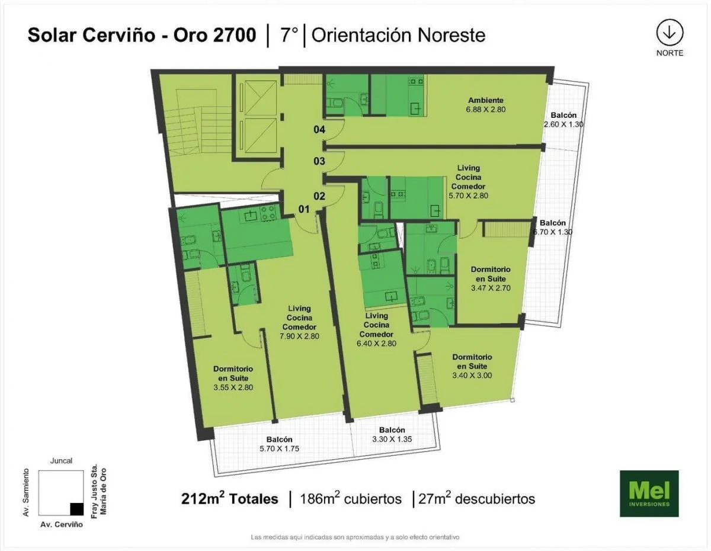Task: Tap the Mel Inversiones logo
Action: (x=649, y=494)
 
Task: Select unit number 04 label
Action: (x=319, y=130)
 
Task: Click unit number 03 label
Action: (x=319, y=161)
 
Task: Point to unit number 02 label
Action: (x=319, y=196)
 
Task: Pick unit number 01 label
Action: (x=304, y=209)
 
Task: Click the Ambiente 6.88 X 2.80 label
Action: (x=486, y=105)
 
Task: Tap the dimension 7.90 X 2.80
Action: (x=299, y=336)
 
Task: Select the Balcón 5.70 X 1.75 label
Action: (x=279, y=444)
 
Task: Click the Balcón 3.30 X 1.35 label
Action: (x=392, y=434)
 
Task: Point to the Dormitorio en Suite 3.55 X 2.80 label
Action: (x=233, y=378)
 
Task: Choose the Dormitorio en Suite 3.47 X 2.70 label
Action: (x=491, y=278)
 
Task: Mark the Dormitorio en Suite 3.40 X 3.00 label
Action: (x=472, y=366)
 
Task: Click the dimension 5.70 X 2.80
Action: (x=468, y=196)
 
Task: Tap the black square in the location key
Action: (x=77, y=509)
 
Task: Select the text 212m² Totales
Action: (x=230, y=498)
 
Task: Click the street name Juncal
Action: (x=61, y=461)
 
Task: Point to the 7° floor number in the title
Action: (x=289, y=36)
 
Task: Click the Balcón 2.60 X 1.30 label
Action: (x=563, y=120)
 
